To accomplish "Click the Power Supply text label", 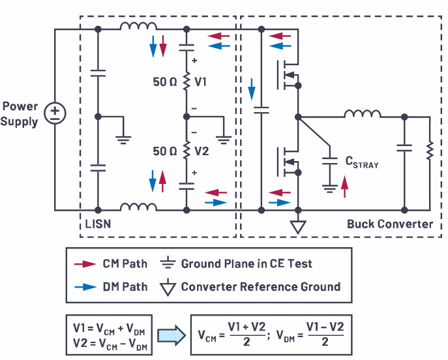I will click(x=20, y=114).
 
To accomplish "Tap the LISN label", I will click(x=99, y=224).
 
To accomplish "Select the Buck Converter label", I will click(x=390, y=224).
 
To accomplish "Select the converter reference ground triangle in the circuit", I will click(x=298, y=227).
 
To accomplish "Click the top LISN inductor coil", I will click(x=138, y=26).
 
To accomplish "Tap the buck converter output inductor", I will click(x=363, y=114).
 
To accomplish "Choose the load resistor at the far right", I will click(x=430, y=151).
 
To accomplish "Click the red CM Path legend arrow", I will click(x=85, y=264).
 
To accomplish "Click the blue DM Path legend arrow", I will click(x=85, y=286).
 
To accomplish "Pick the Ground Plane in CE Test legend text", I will click(x=246, y=264).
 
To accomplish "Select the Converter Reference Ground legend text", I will click(x=261, y=286).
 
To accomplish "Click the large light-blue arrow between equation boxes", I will click(x=172, y=335).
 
